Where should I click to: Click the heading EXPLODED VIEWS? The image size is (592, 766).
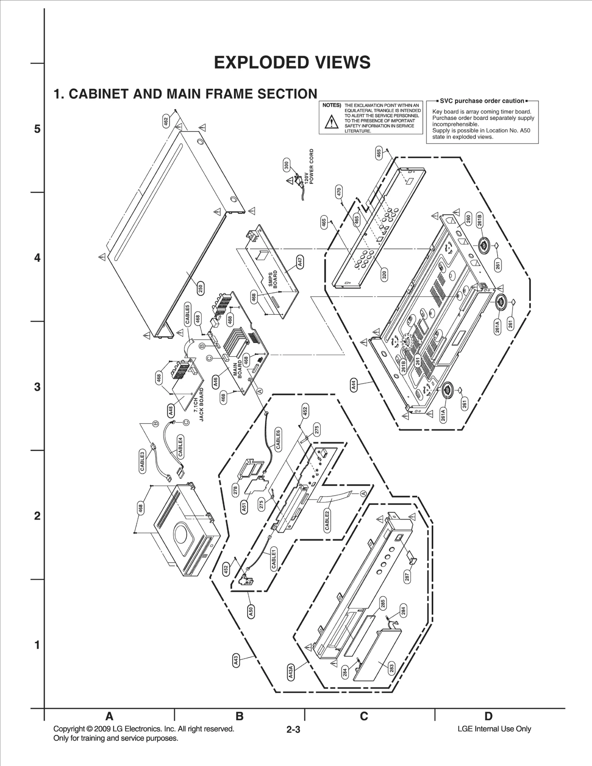pyautogui.click(x=292, y=63)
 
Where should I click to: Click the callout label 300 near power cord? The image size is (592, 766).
pyautogui.click(x=286, y=165)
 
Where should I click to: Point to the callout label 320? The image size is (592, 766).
pyautogui.click(x=384, y=275)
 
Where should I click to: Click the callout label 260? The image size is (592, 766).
pyautogui.click(x=468, y=220)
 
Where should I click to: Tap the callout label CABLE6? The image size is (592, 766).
pyautogui.click(x=278, y=439)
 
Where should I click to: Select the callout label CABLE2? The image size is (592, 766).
pyautogui.click(x=327, y=520)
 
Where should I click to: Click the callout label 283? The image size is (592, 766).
pyautogui.click(x=391, y=668)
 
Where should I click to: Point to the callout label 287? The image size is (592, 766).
pyautogui.click(x=407, y=578)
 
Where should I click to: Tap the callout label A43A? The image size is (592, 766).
pyautogui.click(x=291, y=672)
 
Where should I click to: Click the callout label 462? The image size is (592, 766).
pyautogui.click(x=166, y=121)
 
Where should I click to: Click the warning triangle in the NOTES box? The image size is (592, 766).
pyautogui.click(x=332, y=122)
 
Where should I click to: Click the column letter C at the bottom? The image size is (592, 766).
pyautogui.click(x=364, y=716)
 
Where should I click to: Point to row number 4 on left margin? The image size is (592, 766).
pyautogui.click(x=37, y=258)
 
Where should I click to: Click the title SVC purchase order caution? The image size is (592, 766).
pyautogui.click(x=482, y=101)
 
